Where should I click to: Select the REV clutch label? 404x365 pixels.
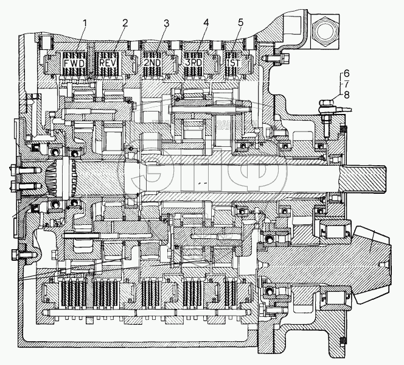(108, 62)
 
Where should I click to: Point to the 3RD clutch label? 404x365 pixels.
(194, 63)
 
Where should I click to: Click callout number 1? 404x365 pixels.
(85, 23)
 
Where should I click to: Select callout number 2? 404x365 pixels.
(125, 23)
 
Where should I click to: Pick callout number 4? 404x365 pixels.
(206, 23)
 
